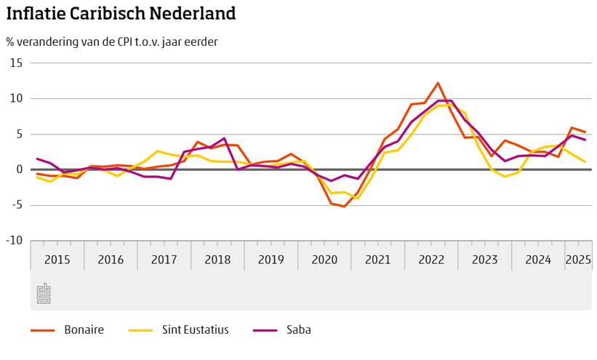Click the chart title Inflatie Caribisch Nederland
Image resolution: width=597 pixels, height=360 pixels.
pos(121,14)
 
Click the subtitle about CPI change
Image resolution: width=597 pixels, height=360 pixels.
pos(112,41)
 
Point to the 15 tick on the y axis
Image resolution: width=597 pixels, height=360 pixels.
pos(16,63)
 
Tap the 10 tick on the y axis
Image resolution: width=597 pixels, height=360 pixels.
pos(16,99)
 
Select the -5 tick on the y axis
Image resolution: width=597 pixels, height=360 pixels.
pos(16,206)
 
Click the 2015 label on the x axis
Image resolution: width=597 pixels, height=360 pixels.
pos(57,260)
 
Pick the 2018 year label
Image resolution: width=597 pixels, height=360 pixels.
pos(217,260)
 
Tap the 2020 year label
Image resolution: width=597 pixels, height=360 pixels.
pos(324,260)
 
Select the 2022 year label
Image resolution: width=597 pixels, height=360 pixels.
pos(431,260)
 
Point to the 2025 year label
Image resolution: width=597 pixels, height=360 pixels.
pos(578,260)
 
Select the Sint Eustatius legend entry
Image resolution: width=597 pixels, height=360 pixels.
pos(196,330)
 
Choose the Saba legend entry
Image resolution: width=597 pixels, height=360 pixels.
pos(299,330)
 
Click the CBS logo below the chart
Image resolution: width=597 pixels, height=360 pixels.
pos(44,293)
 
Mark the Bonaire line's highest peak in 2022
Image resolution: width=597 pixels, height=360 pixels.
pos(438,83)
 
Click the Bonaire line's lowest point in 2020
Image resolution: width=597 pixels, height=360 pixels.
pos(344,207)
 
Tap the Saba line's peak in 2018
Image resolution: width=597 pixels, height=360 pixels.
pos(225,138)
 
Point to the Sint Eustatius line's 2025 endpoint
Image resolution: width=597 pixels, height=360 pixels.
pos(585,162)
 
